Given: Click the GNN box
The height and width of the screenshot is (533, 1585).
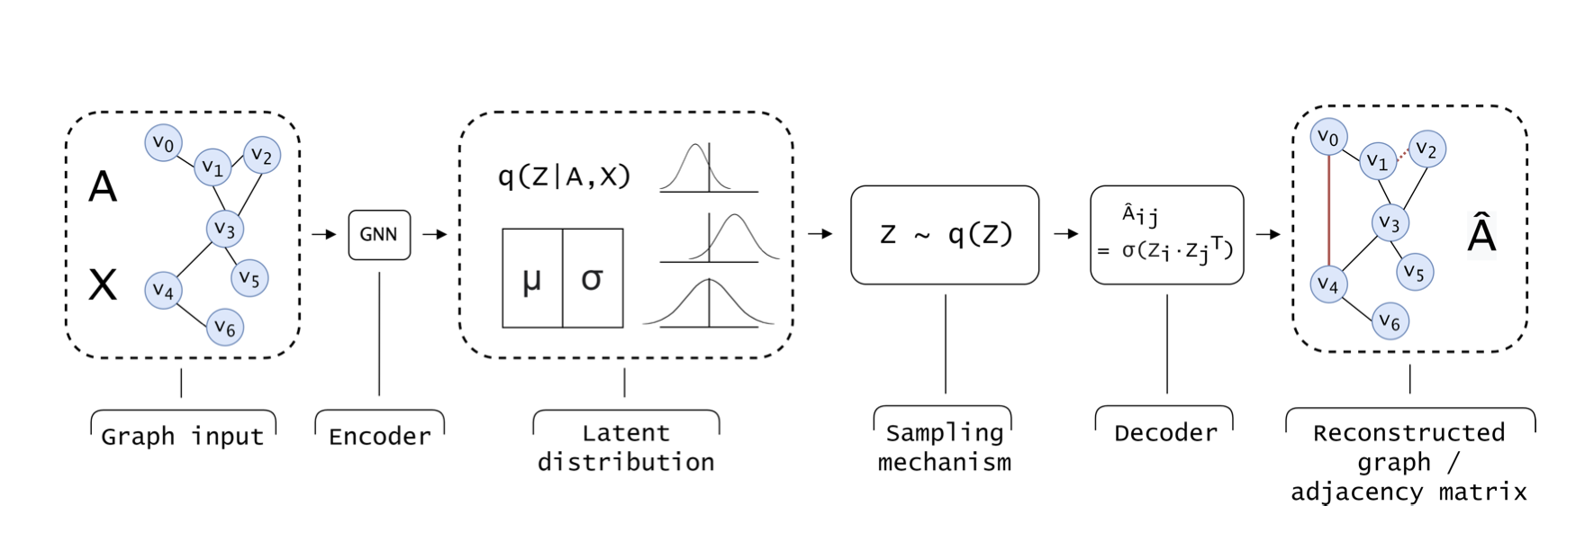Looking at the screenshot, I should click(379, 234).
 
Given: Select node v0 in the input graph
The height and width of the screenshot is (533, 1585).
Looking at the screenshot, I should click(163, 142).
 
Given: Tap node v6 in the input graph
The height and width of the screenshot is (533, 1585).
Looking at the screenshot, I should click(225, 328).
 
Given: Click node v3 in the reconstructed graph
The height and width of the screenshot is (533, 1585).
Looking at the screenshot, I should click(1390, 223).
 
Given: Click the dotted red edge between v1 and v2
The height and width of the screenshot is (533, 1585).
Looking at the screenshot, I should click(1403, 154).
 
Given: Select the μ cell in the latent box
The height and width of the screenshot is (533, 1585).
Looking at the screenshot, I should click(532, 278).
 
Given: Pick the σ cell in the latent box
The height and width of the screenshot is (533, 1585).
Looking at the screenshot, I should click(592, 278).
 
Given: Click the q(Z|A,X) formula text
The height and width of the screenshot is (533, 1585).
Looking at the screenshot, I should click(564, 176).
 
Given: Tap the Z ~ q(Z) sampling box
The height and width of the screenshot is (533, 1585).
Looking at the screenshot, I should click(945, 235).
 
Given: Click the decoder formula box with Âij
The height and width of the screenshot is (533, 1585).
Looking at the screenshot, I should click(1166, 235).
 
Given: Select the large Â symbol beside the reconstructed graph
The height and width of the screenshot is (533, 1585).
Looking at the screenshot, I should click(1481, 234).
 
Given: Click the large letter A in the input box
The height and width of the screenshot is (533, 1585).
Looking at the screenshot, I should click(103, 187).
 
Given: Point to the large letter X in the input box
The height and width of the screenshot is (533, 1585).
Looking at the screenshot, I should click(103, 285).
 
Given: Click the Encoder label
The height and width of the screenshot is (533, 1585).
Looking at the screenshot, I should click(379, 437).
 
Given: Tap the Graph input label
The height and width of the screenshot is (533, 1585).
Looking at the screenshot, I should click(183, 437).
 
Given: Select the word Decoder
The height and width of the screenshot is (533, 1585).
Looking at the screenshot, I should click(1165, 433).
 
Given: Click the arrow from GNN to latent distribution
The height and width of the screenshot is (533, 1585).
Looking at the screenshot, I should click(435, 234).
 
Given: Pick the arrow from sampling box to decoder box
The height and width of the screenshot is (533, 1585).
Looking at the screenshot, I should click(1065, 234).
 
